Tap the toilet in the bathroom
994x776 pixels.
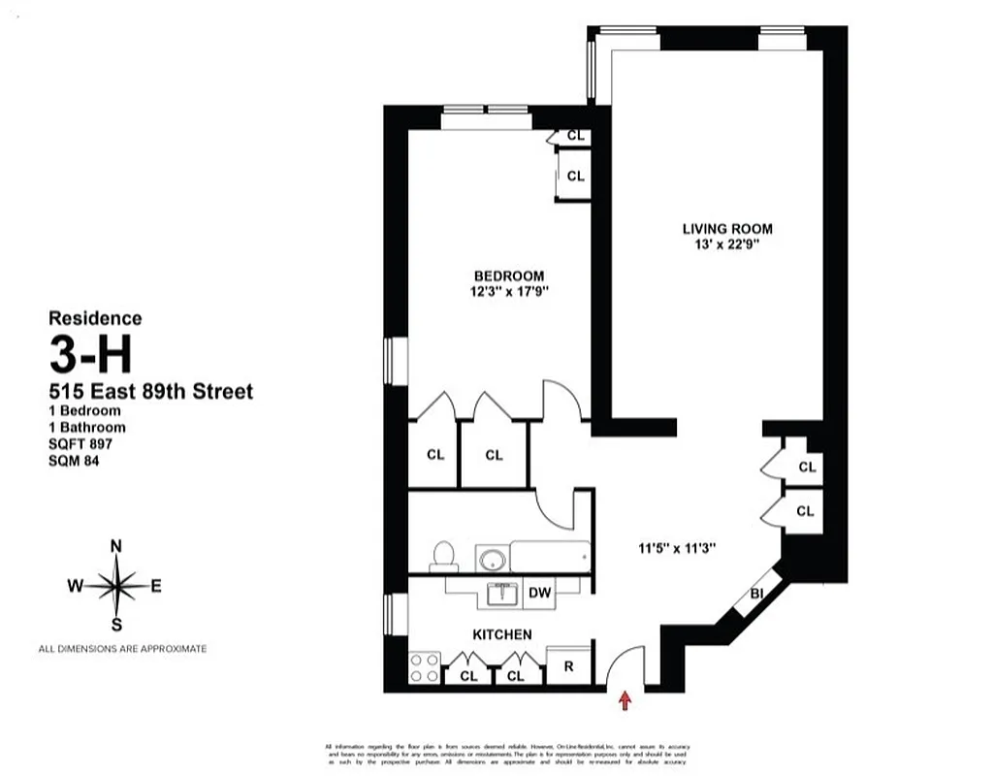pos(444,556)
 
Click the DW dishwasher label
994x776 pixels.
pos(539,594)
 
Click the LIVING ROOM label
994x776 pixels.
pos(727,229)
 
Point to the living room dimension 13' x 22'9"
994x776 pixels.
pos(727,245)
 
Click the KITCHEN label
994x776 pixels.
pos(501,634)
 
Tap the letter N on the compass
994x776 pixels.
pos(116,546)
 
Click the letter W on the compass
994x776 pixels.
pos(75,585)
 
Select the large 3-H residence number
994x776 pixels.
pos(90,356)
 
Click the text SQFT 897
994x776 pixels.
pos(81,443)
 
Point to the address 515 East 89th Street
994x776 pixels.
pos(151,392)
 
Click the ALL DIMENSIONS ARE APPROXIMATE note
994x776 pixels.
pos(122,649)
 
